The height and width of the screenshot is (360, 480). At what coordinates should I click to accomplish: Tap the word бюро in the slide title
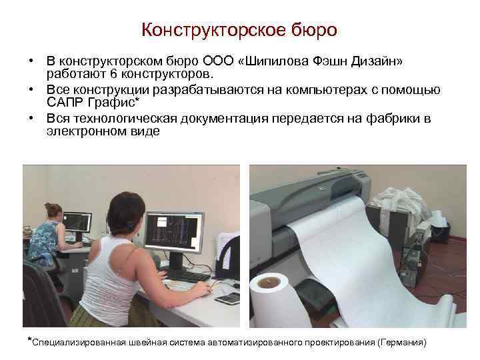[x=313, y=30]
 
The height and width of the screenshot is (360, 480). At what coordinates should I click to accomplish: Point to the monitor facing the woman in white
[x=174, y=233]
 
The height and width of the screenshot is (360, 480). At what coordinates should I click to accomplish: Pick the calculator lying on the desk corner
[x=228, y=298]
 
